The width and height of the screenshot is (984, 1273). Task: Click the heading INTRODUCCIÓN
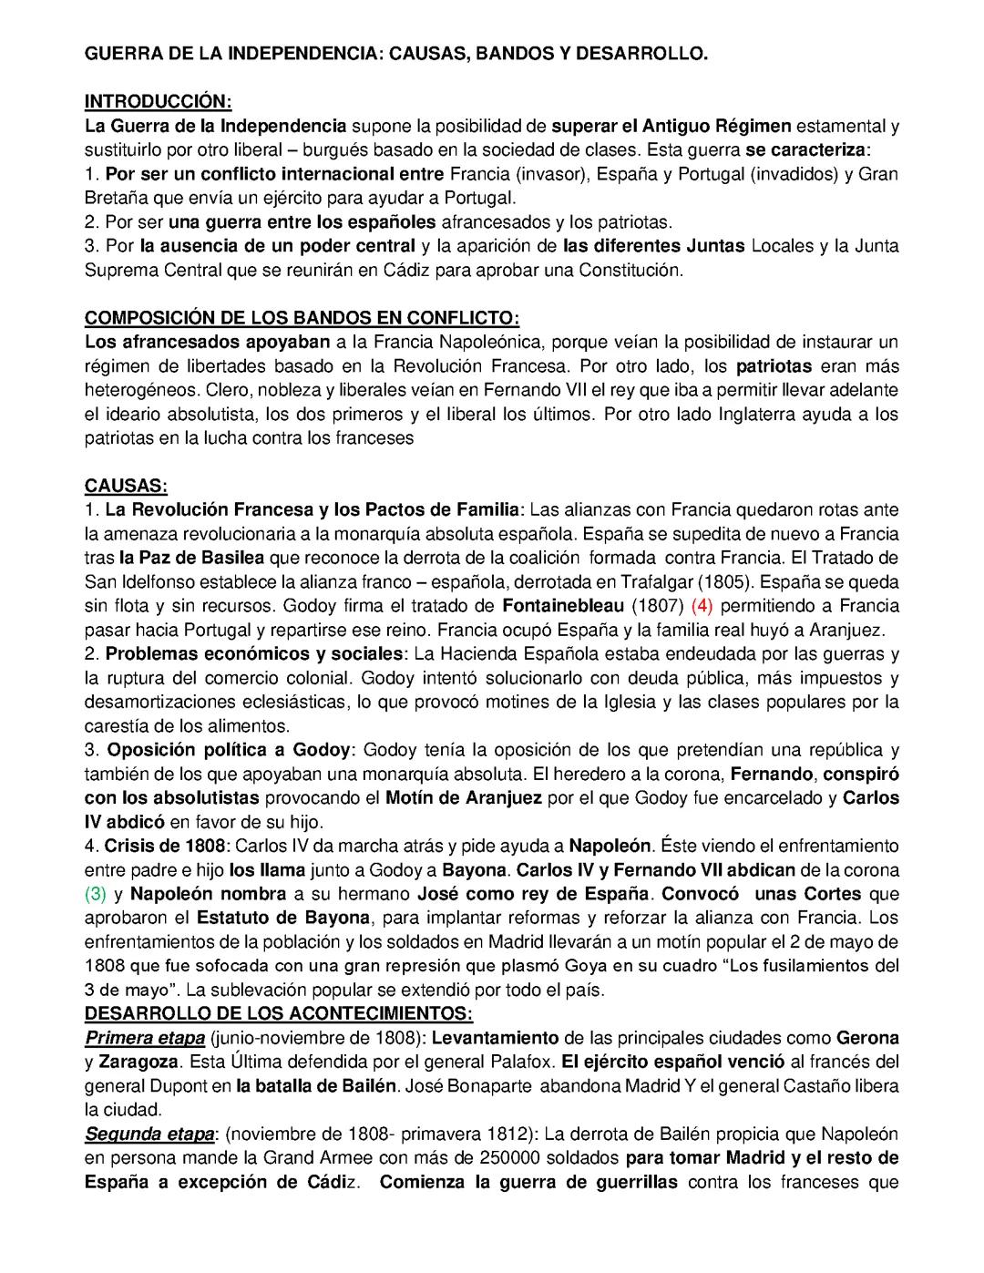point(158,100)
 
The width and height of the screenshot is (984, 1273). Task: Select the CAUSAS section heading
point(126,486)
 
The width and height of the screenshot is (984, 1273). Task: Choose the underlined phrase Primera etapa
point(144,1038)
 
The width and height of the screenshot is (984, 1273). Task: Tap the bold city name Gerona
point(867,1038)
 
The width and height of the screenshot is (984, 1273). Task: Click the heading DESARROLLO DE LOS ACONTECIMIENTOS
point(278,1013)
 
